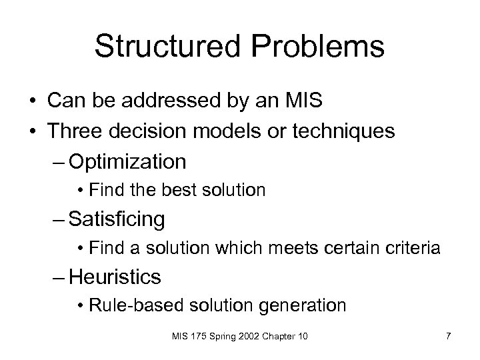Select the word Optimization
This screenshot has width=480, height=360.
(127, 161)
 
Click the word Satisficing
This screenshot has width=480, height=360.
(117, 219)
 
